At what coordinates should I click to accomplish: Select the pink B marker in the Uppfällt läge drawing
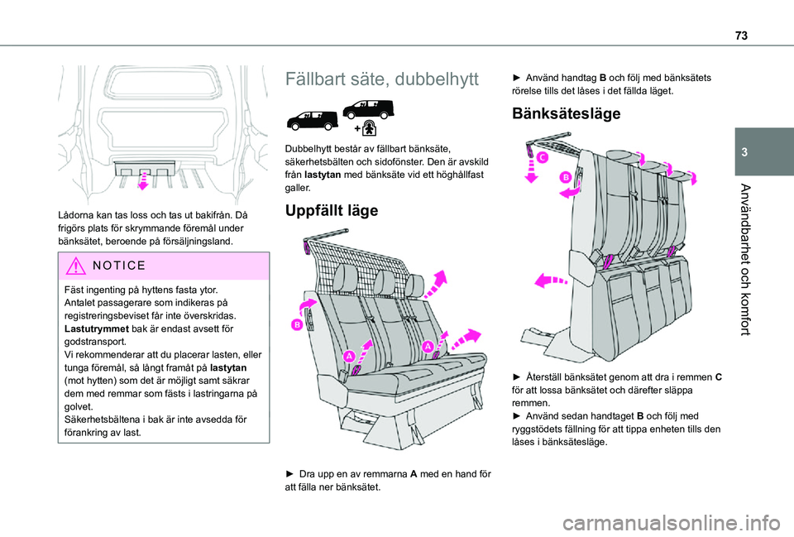[294, 326]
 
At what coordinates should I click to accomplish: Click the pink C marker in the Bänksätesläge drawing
[543, 157]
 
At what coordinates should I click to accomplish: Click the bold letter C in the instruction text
[718, 377]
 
